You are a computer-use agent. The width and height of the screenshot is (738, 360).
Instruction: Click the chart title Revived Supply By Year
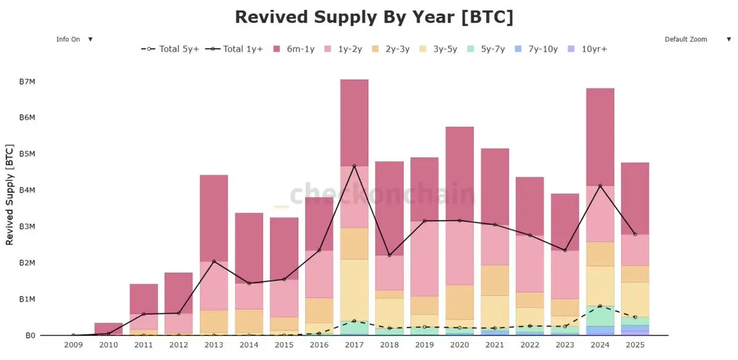click(x=374, y=17)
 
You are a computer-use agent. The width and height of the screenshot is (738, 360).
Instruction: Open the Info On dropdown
click(x=74, y=39)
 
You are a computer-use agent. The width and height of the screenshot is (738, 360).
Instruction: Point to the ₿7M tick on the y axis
click(x=26, y=81)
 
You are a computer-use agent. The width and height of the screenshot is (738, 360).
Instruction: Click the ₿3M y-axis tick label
click(x=26, y=226)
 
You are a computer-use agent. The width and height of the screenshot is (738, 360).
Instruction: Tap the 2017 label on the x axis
click(x=354, y=345)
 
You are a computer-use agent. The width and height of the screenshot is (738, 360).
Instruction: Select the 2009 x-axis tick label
click(x=73, y=345)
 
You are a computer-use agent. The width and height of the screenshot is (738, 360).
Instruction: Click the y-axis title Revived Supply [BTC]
click(x=10, y=195)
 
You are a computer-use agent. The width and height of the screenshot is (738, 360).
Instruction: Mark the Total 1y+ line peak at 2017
click(x=354, y=166)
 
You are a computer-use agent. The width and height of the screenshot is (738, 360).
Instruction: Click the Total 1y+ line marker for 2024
click(x=600, y=185)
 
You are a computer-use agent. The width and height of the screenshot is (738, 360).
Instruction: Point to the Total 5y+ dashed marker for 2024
click(x=600, y=306)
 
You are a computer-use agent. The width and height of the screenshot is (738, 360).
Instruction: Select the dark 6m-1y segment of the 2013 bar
click(x=213, y=218)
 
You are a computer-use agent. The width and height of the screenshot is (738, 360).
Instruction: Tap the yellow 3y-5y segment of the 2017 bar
click(x=354, y=289)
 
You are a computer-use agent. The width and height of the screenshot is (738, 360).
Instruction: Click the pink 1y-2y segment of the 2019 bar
click(x=424, y=258)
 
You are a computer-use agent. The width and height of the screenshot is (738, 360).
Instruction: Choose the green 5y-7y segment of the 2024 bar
click(x=600, y=316)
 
